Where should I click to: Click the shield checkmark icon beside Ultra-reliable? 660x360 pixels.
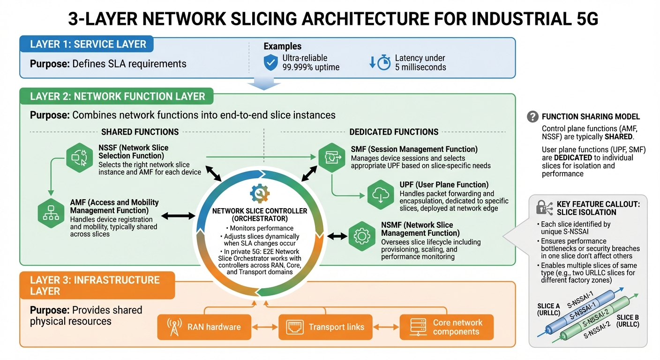271,62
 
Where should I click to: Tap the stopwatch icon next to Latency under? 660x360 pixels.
380,62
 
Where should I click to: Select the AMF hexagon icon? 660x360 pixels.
50,212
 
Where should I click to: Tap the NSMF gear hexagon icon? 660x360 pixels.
361,236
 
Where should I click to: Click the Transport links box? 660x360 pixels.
328,327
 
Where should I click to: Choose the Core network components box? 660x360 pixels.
446,327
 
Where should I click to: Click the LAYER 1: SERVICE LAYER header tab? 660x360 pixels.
87,45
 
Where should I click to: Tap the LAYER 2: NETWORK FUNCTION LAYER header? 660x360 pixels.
117,97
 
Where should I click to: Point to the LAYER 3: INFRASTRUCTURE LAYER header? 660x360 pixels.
97,285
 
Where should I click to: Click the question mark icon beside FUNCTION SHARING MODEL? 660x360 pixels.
532,116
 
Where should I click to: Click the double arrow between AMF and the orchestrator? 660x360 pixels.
178,216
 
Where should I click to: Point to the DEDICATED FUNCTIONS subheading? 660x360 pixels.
394,132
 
